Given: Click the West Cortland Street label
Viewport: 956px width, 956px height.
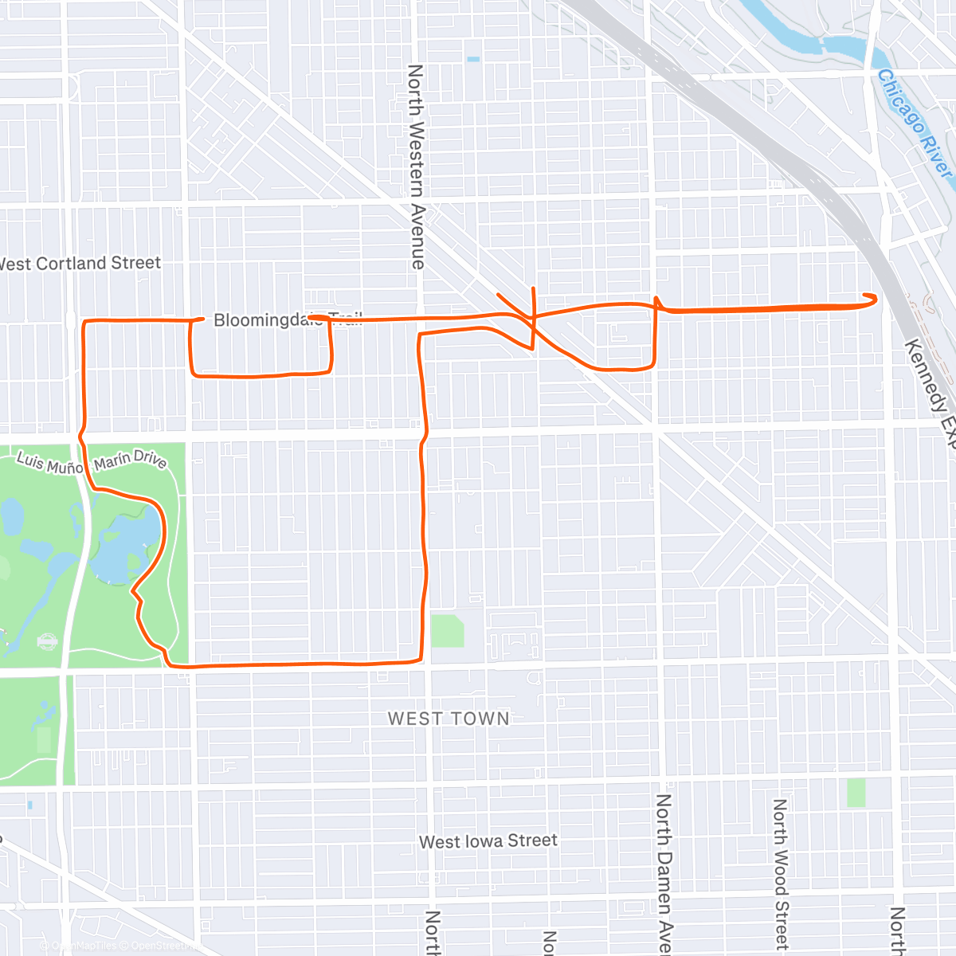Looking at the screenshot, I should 80,264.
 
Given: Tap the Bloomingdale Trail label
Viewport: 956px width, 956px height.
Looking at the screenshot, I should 287,320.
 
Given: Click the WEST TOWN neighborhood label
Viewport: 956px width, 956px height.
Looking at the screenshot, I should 449,719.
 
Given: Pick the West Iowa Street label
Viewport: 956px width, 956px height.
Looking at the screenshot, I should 488,841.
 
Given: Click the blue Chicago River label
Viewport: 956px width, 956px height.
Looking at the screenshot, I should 915,126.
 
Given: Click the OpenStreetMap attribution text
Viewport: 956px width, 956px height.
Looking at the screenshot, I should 159,946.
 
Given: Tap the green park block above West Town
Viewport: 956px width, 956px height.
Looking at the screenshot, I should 447,630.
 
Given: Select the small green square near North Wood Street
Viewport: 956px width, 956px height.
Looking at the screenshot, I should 856,793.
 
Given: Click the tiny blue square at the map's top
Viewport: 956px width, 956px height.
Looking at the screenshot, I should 474,59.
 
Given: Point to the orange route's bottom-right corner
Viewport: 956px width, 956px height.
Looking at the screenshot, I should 420,658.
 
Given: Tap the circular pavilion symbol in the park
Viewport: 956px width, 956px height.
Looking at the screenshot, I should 48,641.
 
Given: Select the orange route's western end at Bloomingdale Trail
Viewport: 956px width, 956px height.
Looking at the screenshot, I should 311,318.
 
